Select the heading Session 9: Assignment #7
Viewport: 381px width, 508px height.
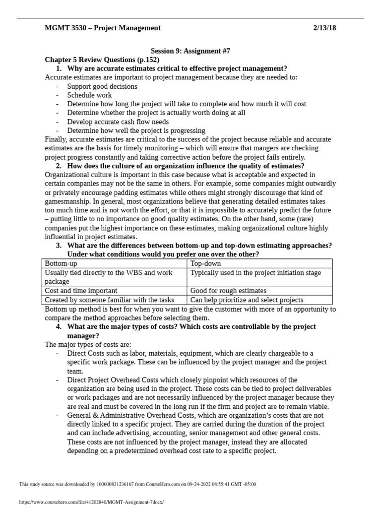click(x=190, y=51)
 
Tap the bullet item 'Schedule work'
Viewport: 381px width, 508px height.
click(x=89, y=95)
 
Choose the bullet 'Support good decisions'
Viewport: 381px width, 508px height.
click(x=102, y=86)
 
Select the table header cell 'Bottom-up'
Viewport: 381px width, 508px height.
click(x=59, y=263)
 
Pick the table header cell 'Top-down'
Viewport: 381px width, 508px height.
click(x=205, y=263)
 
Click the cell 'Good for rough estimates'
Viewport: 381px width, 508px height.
click(x=228, y=291)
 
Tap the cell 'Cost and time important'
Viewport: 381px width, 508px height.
click(x=81, y=291)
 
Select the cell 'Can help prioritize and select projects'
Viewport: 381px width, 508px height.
click(x=247, y=300)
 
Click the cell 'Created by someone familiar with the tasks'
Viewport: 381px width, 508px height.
click(x=110, y=300)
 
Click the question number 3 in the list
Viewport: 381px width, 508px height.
click(x=59, y=246)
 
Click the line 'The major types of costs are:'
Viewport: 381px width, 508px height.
click(x=88, y=344)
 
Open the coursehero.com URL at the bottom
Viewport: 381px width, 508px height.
click(x=91, y=502)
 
